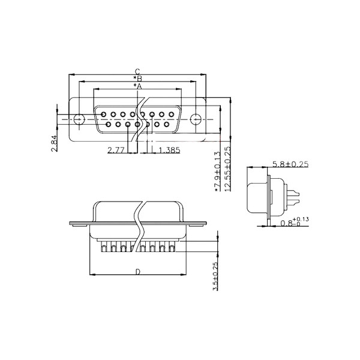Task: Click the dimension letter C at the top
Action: point(137,71)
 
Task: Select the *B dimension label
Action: point(138,79)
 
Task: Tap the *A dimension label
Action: point(138,86)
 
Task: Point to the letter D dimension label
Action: point(138,272)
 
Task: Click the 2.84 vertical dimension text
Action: point(54,143)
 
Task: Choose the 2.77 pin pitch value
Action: point(116,150)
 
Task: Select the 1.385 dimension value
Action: point(169,150)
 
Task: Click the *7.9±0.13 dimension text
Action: point(217,171)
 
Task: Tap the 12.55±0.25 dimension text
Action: point(227,169)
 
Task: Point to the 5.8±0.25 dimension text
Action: point(290,164)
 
